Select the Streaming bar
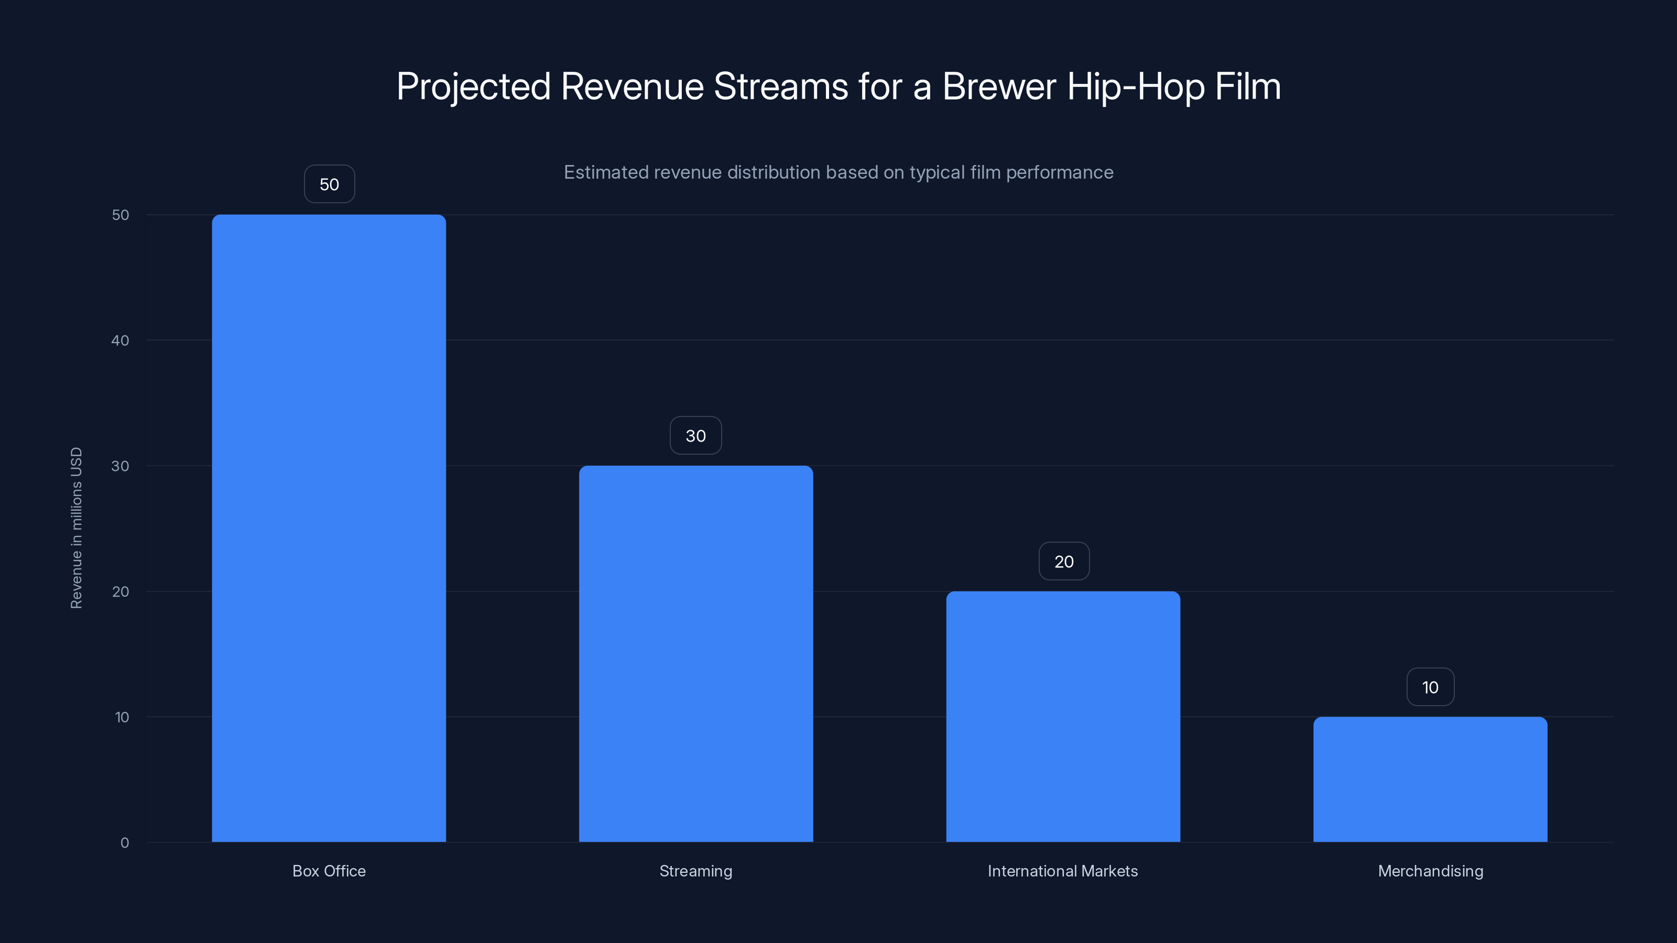(x=696, y=653)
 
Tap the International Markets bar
(x=1063, y=717)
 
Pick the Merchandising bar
(x=1430, y=779)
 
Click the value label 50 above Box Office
(x=330, y=184)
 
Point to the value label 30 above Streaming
(x=696, y=435)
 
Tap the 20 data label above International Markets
(x=1064, y=561)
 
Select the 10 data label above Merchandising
(x=1430, y=687)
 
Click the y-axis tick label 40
(x=121, y=341)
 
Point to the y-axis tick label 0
(x=124, y=843)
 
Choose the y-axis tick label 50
(x=121, y=215)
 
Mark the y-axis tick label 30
(x=121, y=466)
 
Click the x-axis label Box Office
(x=329, y=871)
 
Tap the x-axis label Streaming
(x=696, y=871)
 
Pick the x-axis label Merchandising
(x=1430, y=871)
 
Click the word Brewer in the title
(x=999, y=86)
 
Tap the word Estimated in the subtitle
(x=606, y=172)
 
